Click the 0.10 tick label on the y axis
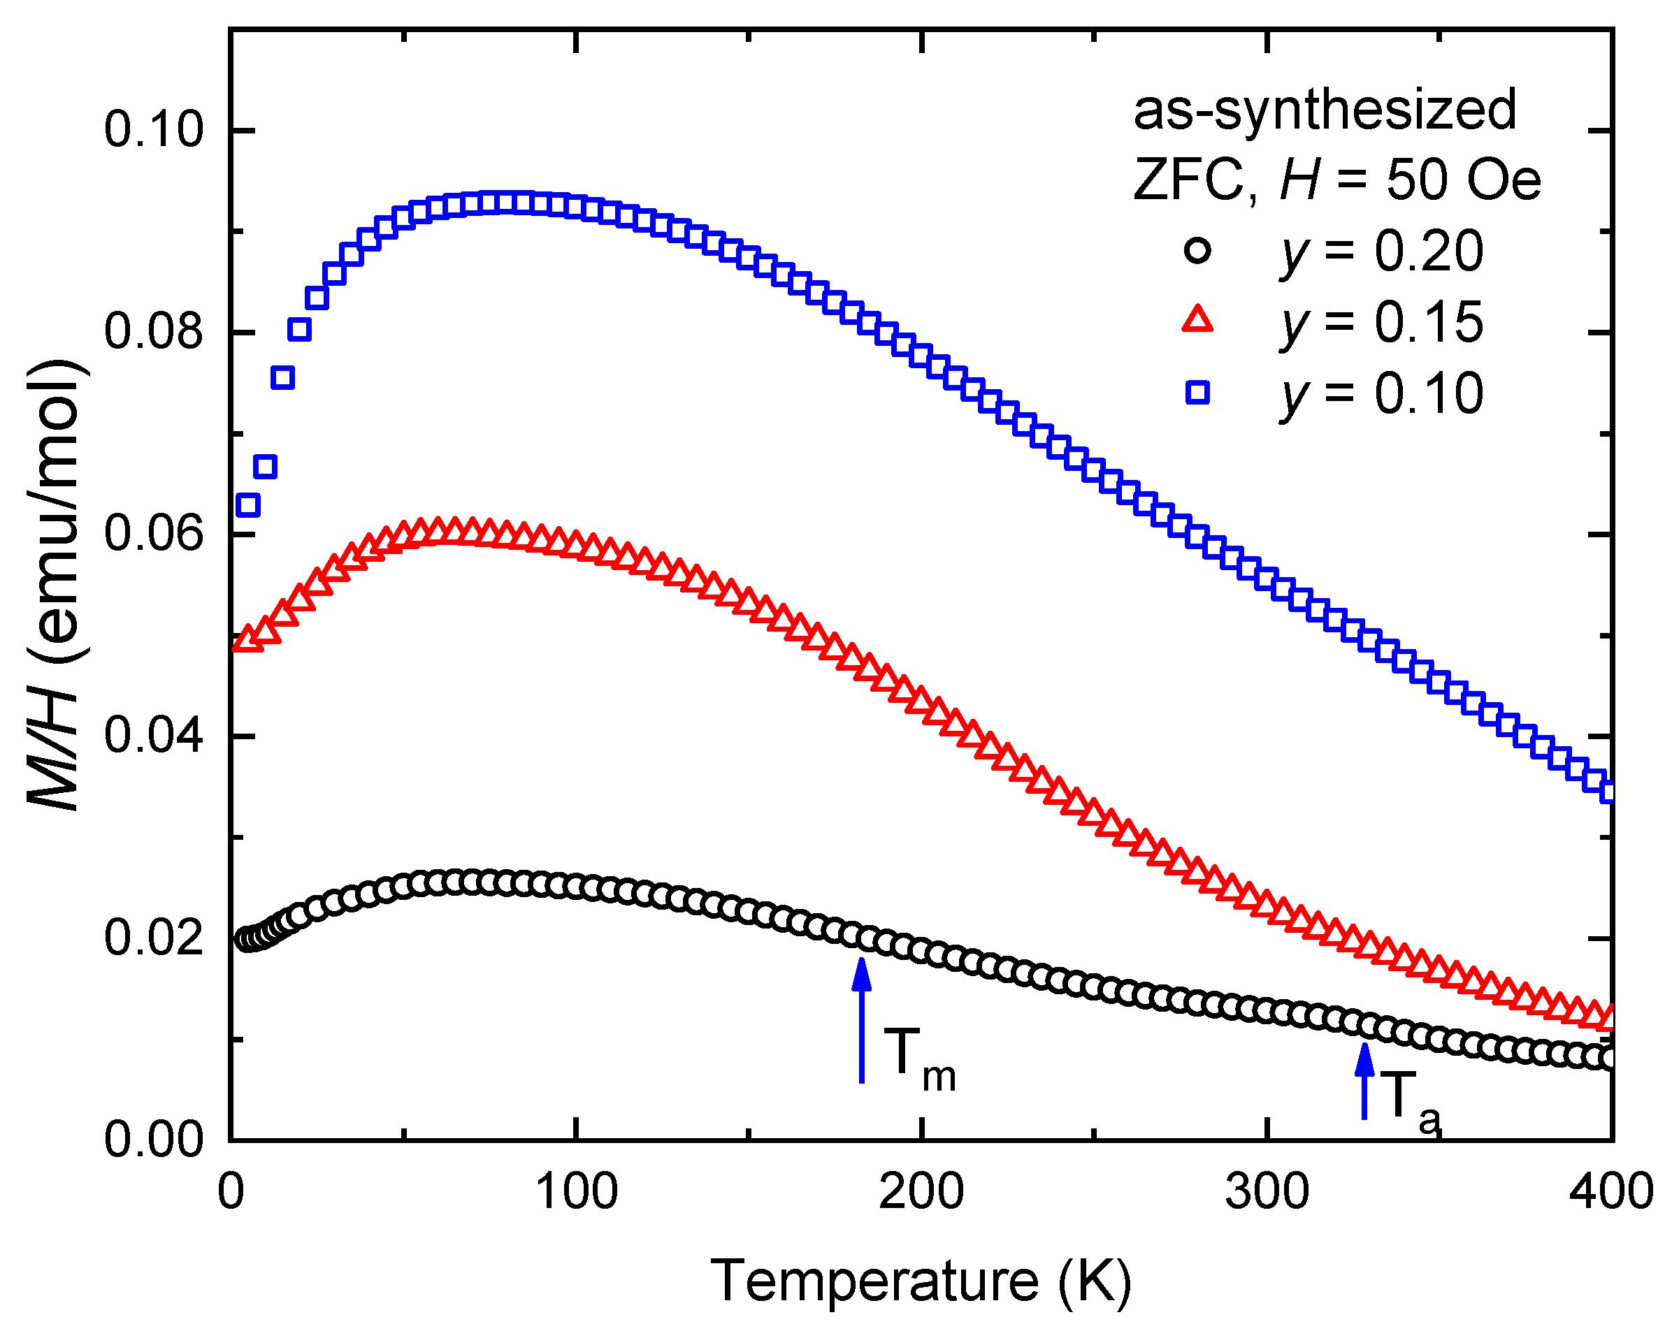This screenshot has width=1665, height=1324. tap(154, 130)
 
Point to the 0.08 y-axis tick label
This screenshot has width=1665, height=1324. tap(154, 332)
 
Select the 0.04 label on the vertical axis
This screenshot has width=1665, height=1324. tap(154, 736)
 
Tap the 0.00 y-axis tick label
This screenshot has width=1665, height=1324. tap(154, 1140)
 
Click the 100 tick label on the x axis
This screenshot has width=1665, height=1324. tap(576, 1192)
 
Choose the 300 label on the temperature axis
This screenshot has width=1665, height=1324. tap(1267, 1192)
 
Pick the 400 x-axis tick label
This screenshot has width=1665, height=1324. tap(1611, 1192)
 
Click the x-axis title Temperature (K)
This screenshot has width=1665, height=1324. tap(921, 1281)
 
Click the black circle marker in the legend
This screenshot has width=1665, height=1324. tap(1197, 251)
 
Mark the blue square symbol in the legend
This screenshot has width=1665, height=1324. tap(1197, 393)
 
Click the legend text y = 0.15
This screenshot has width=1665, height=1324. tap(1383, 323)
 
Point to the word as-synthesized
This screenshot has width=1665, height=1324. tap(1325, 110)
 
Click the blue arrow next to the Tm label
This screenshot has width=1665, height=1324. tap(862, 1019)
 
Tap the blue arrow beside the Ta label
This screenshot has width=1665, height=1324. tap(1364, 1081)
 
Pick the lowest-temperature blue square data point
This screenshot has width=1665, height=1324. tap(248, 506)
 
